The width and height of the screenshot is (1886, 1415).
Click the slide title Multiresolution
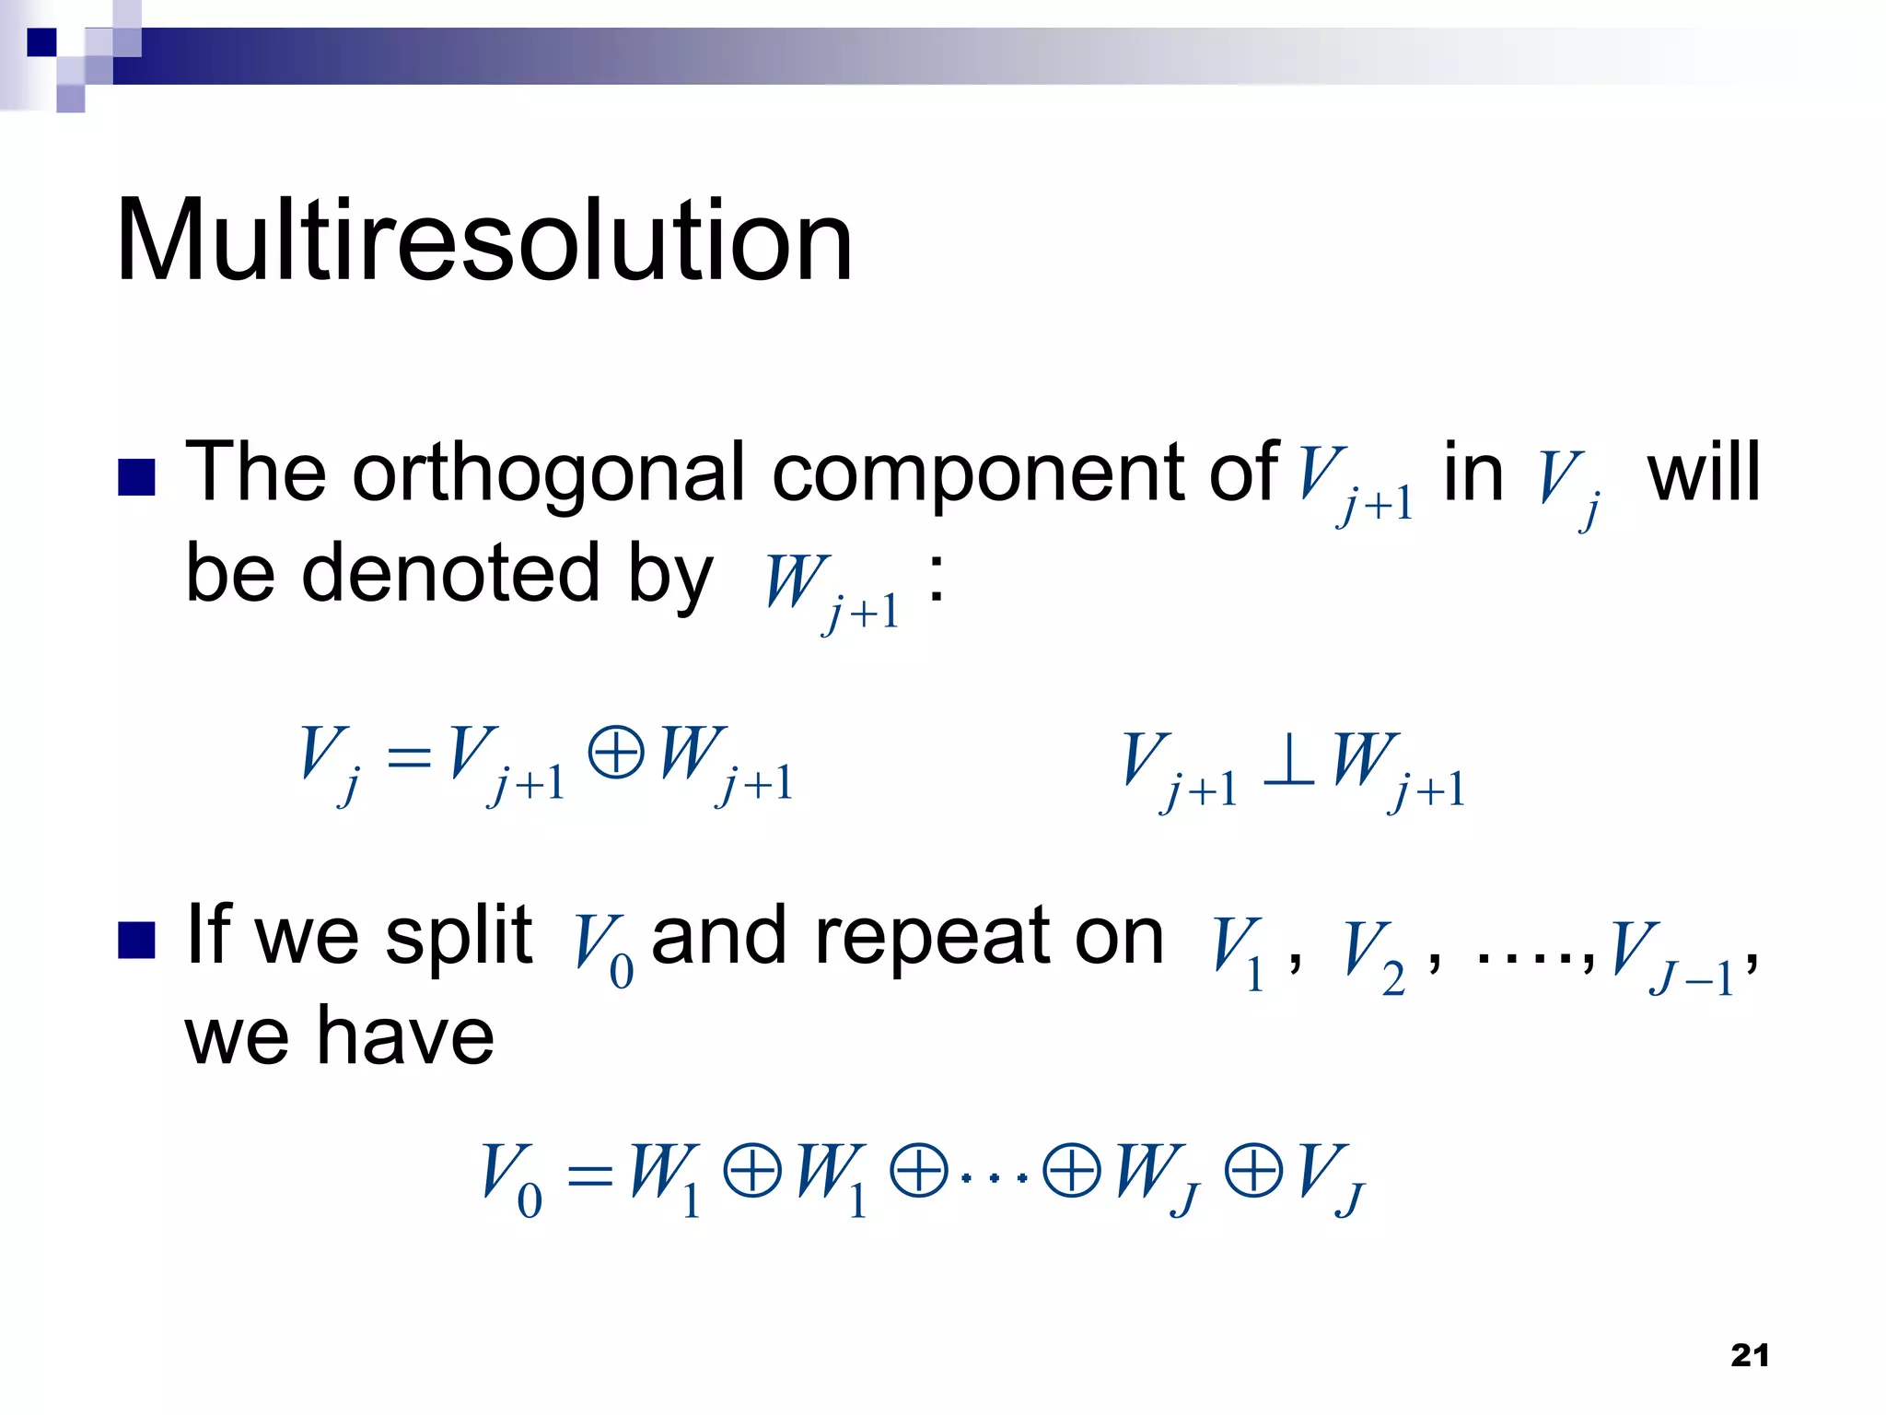tap(484, 241)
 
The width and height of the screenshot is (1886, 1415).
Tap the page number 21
tap(1750, 1355)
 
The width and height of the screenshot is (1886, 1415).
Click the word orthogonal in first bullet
tap(549, 474)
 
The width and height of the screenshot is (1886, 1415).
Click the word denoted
tap(451, 573)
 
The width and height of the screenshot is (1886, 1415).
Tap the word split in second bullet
tap(459, 936)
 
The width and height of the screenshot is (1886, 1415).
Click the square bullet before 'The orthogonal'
tap(137, 477)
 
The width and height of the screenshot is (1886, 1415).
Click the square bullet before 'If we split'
tap(137, 941)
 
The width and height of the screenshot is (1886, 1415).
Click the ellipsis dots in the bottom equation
tap(994, 1177)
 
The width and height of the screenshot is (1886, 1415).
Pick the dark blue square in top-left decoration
tap(41, 42)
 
